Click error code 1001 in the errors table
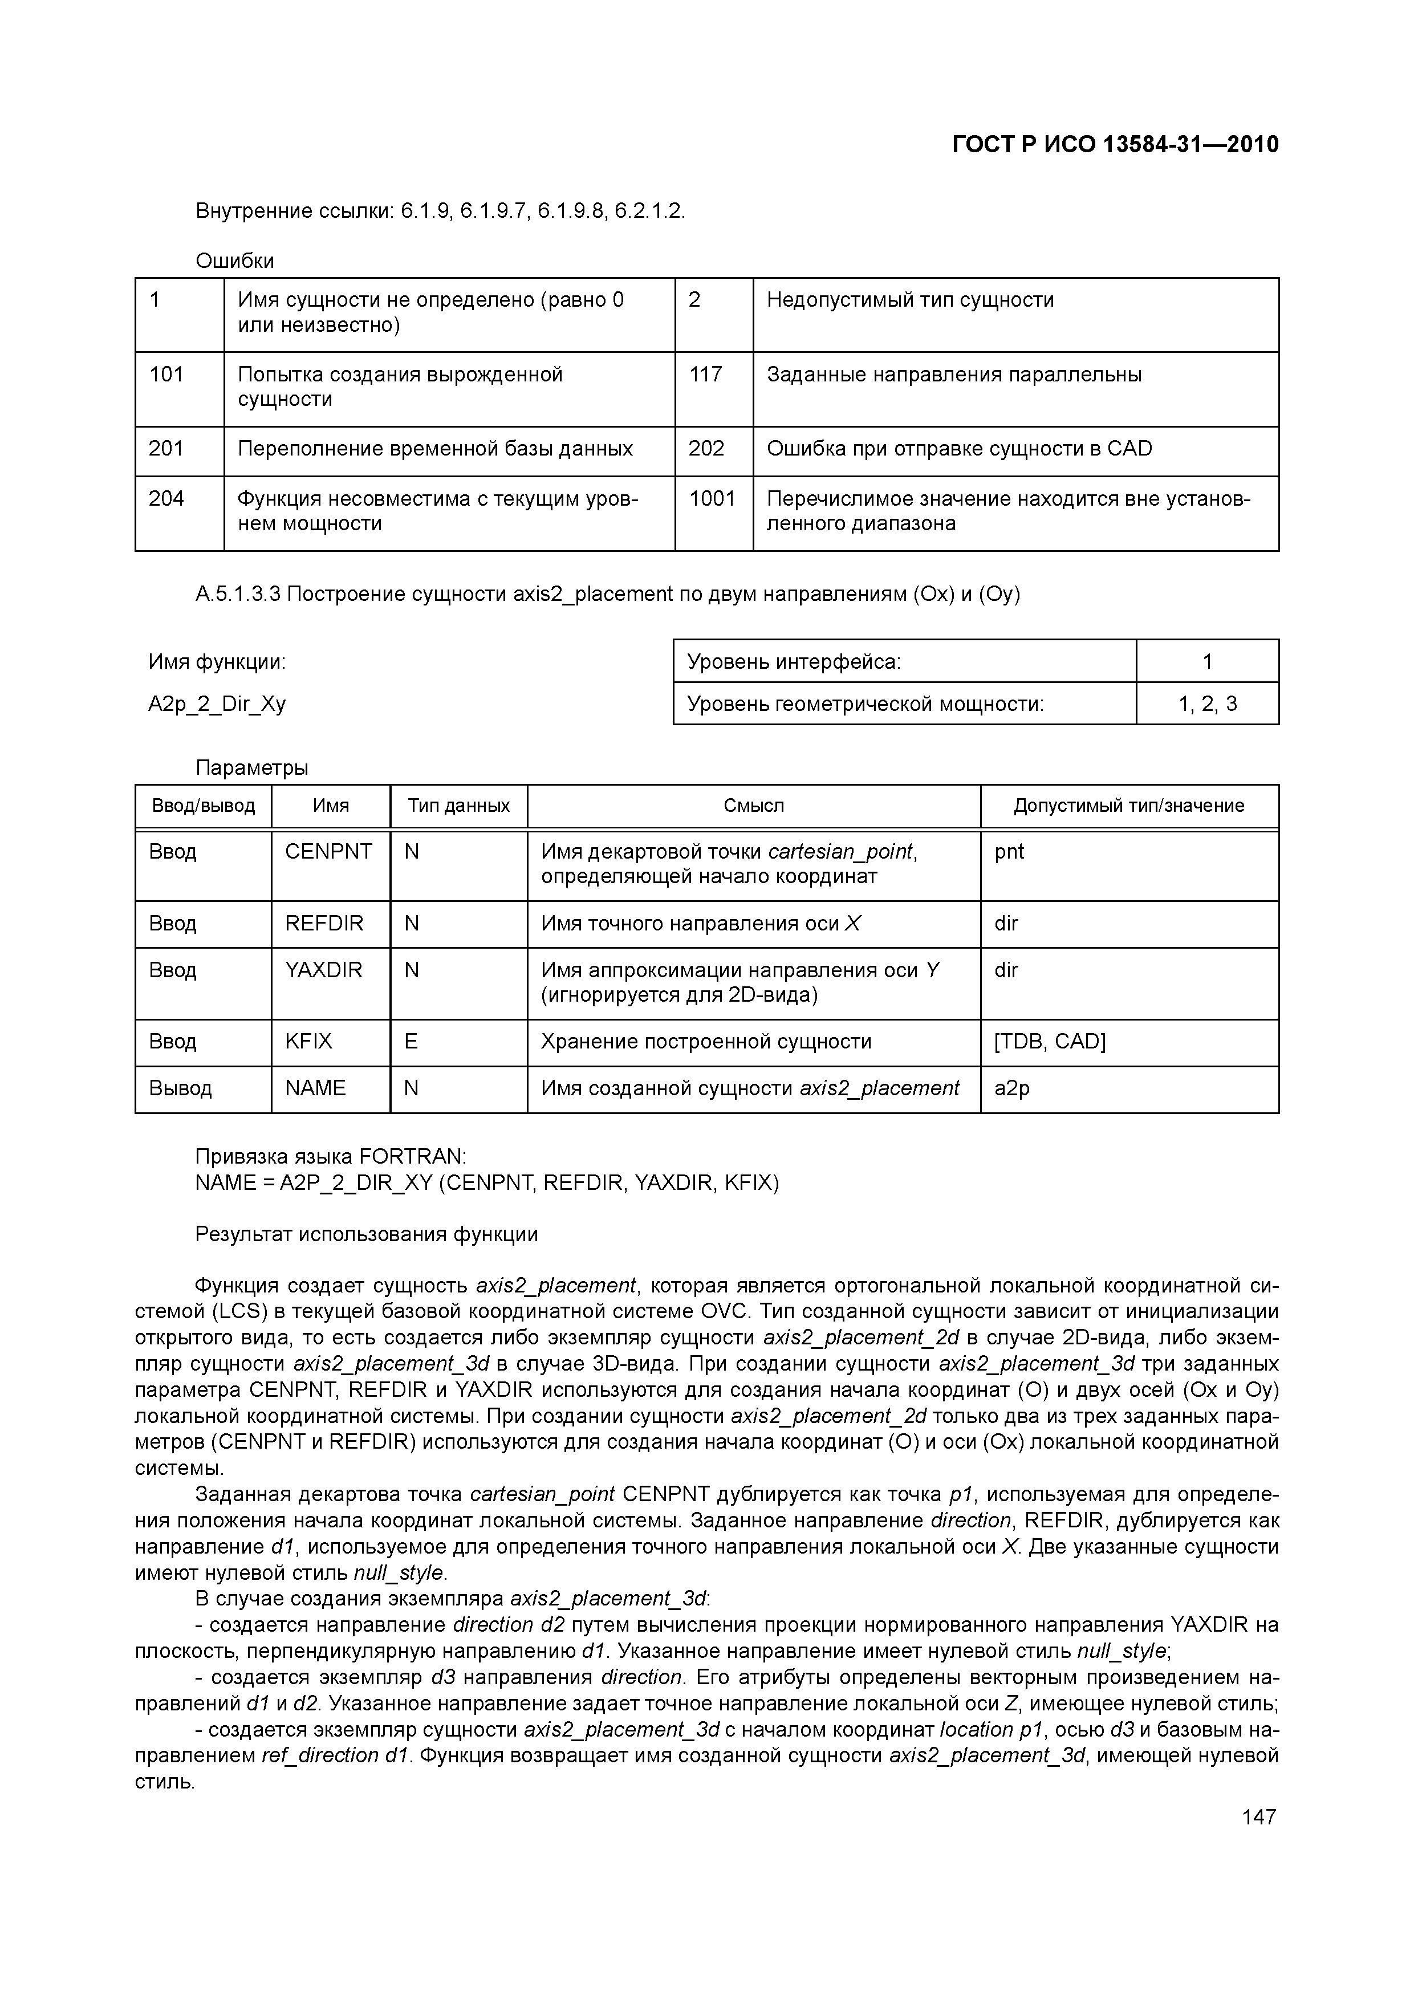[x=712, y=498]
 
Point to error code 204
[x=166, y=498]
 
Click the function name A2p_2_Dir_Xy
[x=217, y=704]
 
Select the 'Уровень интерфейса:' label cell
[x=794, y=662]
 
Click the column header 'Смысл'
[x=754, y=806]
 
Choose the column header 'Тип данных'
[x=458, y=806]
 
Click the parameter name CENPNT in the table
[x=328, y=851]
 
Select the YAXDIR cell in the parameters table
[x=323, y=970]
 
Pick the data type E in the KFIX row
[x=411, y=1042]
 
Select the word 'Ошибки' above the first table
[x=234, y=261]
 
